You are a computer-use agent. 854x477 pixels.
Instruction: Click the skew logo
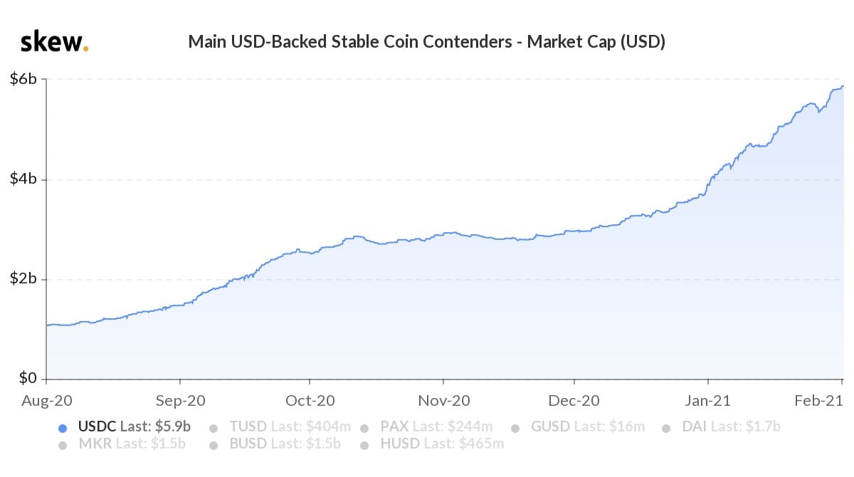[54, 42]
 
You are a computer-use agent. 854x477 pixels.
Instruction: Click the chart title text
[426, 42]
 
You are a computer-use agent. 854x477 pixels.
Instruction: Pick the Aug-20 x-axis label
[47, 402]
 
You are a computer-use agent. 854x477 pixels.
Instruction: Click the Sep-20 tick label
[179, 402]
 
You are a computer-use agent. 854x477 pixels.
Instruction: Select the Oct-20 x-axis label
[310, 402]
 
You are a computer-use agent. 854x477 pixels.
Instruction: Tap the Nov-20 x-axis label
[443, 402]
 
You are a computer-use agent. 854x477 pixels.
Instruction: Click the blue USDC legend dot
[63, 428]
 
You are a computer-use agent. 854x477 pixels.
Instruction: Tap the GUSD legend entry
[587, 426]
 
